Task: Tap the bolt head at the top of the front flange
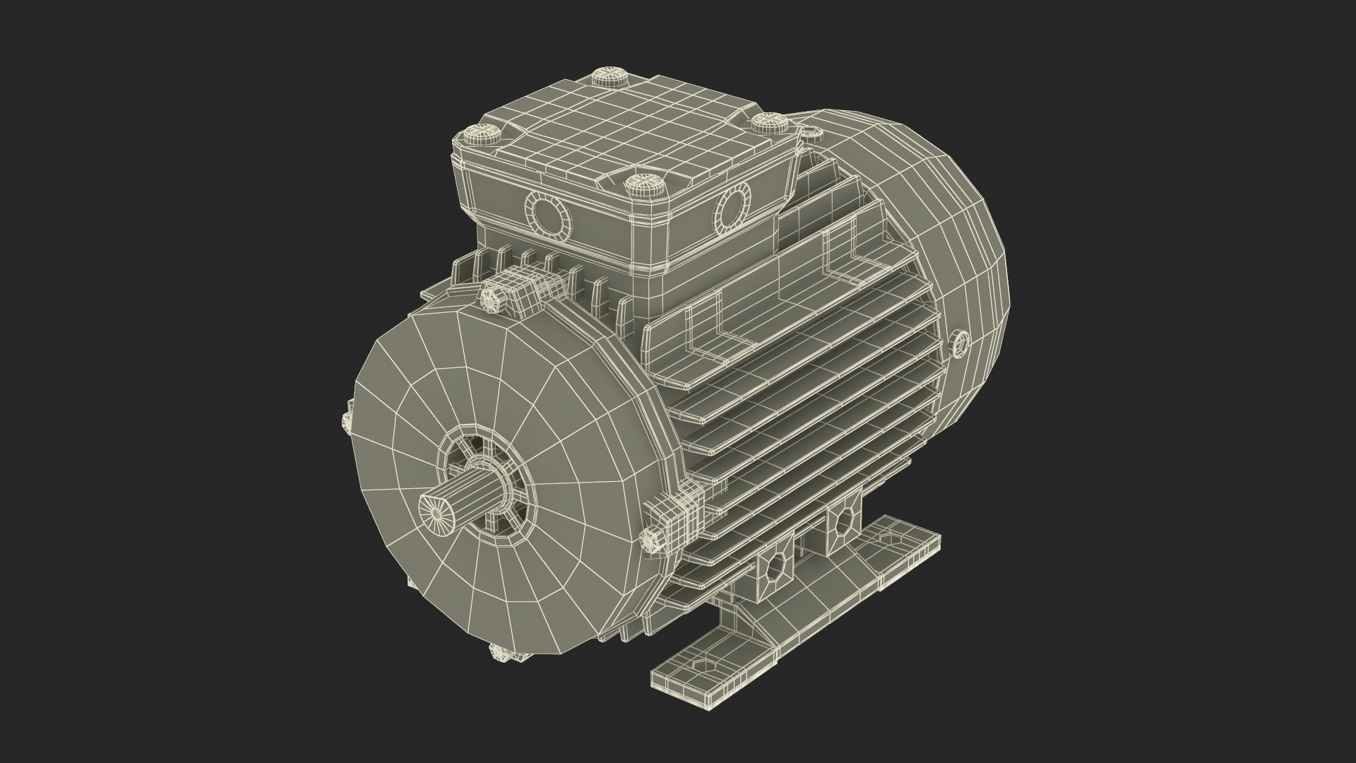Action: [492, 297]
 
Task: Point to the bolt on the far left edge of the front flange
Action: [346, 422]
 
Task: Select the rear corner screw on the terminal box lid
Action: [605, 76]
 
